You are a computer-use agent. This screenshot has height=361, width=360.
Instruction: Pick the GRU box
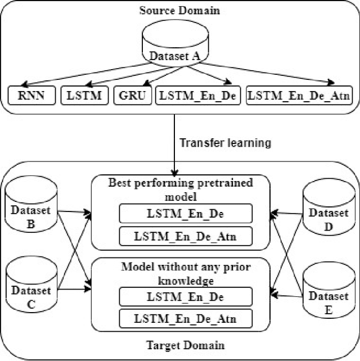[x=133, y=96]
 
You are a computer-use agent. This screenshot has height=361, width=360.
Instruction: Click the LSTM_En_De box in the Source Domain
[x=198, y=96]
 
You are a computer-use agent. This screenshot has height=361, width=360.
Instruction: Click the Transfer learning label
[x=225, y=143]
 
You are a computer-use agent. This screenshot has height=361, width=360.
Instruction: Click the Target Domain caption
[x=180, y=345]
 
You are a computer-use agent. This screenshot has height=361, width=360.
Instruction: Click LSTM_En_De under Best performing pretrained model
[x=186, y=214]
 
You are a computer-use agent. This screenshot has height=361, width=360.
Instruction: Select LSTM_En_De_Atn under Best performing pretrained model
[x=186, y=236]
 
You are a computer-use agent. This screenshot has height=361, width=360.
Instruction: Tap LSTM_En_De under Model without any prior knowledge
[x=186, y=297]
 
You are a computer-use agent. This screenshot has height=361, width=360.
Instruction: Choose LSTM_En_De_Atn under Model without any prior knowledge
[x=186, y=319]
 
